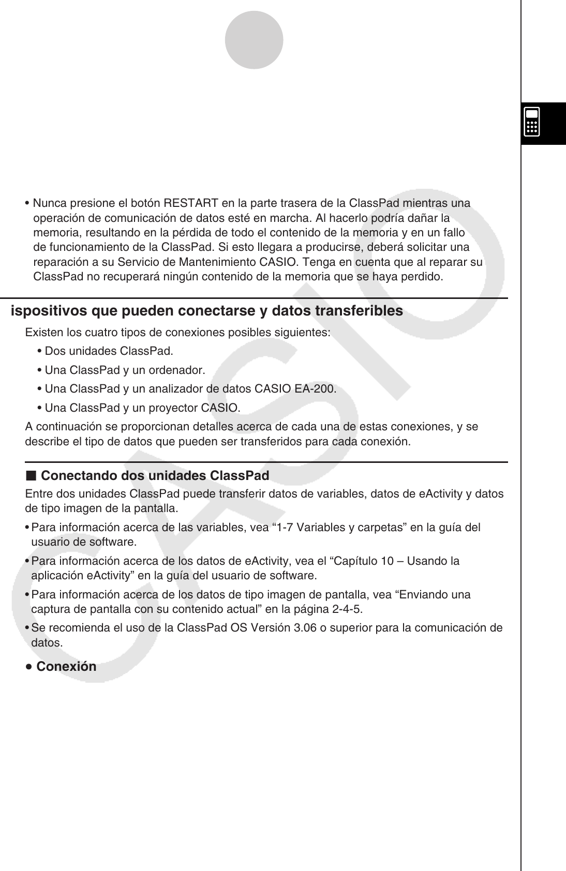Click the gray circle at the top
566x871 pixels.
(x=254, y=40)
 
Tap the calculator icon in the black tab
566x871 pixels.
(x=532, y=122)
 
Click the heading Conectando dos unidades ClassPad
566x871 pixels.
(x=155, y=475)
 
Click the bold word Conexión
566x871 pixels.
(x=66, y=666)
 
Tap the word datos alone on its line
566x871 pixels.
(x=47, y=643)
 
